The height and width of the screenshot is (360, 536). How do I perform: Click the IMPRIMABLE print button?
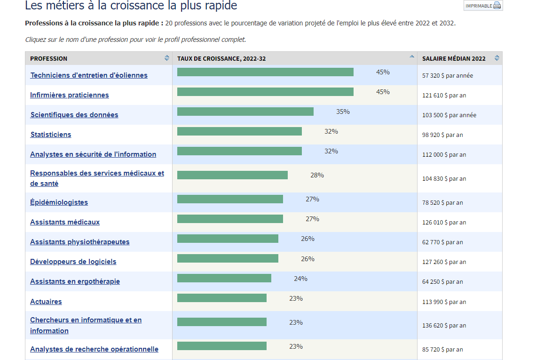[x=483, y=6]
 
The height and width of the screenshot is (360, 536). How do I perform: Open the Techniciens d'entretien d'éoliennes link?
[x=89, y=75]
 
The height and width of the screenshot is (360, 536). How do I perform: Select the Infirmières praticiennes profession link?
[x=70, y=95]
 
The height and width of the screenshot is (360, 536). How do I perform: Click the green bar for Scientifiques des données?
[x=245, y=112]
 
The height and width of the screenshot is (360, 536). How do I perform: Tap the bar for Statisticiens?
[x=239, y=131]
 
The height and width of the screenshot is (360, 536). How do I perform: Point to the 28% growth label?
[x=317, y=175]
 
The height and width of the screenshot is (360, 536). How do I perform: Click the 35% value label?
[x=343, y=112]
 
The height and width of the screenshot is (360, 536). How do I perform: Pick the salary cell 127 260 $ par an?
[x=444, y=262]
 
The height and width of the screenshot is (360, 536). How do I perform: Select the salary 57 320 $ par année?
[x=447, y=76]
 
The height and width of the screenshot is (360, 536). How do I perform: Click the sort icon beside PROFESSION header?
[x=167, y=58]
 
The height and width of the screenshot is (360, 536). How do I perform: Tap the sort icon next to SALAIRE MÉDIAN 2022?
[x=497, y=58]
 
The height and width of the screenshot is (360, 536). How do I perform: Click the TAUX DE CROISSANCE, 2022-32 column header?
[x=221, y=59]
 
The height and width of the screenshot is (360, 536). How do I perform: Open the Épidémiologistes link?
[x=59, y=202]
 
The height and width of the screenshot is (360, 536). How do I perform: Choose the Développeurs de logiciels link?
[x=73, y=262]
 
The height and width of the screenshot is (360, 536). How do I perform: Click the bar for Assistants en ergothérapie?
[x=224, y=278]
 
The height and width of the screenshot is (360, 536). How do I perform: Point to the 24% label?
[x=300, y=279]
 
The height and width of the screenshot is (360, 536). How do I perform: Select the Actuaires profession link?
[x=46, y=302]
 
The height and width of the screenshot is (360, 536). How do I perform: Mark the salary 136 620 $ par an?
[x=444, y=326]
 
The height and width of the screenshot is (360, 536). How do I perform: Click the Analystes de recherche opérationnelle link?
[x=94, y=349]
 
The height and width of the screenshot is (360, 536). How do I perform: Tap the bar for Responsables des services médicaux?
[x=232, y=175]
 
